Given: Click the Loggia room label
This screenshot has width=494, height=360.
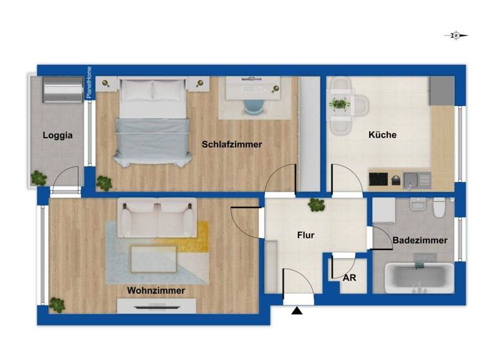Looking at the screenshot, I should (58, 136).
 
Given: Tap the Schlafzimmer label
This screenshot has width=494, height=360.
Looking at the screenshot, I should (232, 145).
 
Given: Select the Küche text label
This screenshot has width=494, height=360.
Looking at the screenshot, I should (382, 136).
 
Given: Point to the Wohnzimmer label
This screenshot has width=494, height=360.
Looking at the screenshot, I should (156, 291).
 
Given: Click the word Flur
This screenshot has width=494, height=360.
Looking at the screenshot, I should (306, 235).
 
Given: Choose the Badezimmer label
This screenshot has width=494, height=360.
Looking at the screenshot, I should (419, 240).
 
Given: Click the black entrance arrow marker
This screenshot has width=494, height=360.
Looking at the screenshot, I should (297, 312).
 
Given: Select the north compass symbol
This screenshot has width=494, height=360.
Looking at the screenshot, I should (456, 36).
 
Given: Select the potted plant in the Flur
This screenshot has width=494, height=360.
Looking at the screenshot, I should (316, 205).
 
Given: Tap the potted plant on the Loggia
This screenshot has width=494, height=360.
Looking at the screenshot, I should (39, 177).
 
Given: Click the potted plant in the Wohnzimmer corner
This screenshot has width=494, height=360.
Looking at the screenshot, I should (58, 305).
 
